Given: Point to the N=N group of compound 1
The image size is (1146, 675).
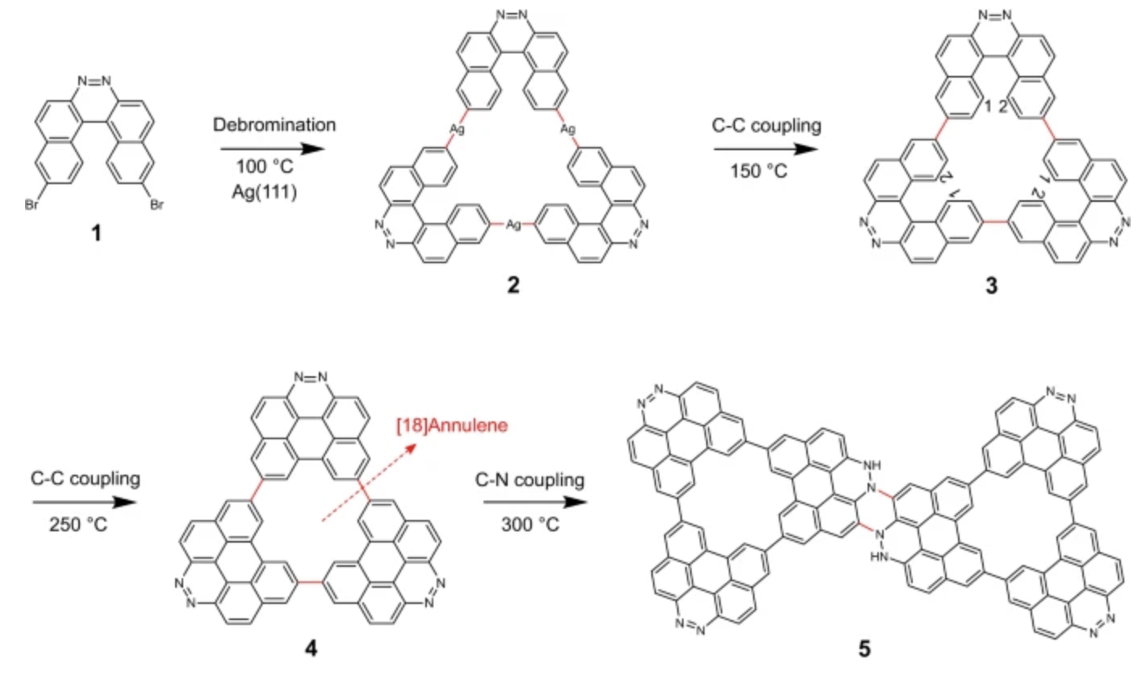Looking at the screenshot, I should [x=96, y=81].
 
